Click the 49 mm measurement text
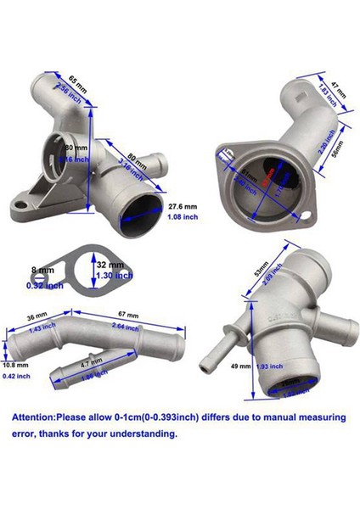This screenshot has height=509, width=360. tap(240, 366)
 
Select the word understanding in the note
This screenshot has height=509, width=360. tap(147, 433)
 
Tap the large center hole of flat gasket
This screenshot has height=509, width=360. tap(93, 271)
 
